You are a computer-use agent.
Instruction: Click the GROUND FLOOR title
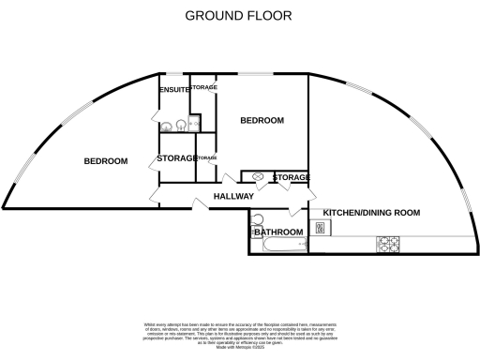pyautogui.click(x=238, y=15)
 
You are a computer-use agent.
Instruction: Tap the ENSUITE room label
pyautogui.click(x=173, y=89)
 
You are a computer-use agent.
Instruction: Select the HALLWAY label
pyautogui.click(x=233, y=197)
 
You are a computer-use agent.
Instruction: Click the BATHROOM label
pyautogui.click(x=278, y=232)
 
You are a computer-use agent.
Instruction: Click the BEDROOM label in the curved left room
pyautogui.click(x=105, y=161)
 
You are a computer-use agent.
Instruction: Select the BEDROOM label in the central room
pyautogui.click(x=262, y=121)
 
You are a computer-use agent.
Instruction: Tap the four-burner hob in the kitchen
pyautogui.click(x=388, y=244)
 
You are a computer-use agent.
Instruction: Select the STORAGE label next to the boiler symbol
pyautogui.click(x=291, y=177)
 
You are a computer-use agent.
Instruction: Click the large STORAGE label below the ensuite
pyautogui.click(x=176, y=157)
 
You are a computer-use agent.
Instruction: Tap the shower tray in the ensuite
pyautogui.click(x=194, y=123)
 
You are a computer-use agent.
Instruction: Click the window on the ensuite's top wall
pyautogui.click(x=174, y=74)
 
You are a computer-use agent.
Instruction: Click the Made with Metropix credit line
pyautogui.click(x=240, y=346)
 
